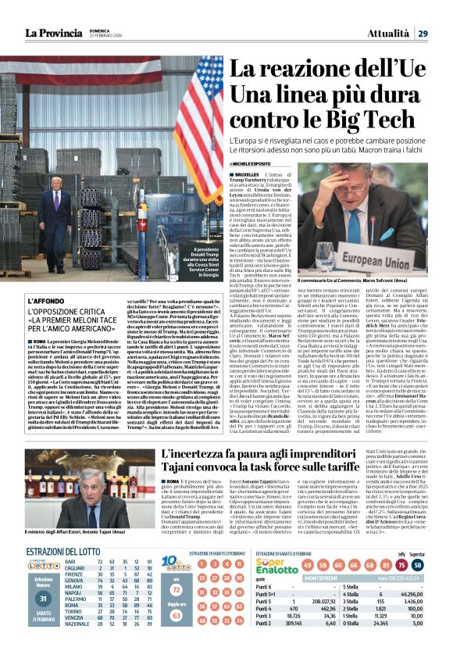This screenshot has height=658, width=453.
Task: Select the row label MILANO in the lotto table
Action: click(x=75, y=610)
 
